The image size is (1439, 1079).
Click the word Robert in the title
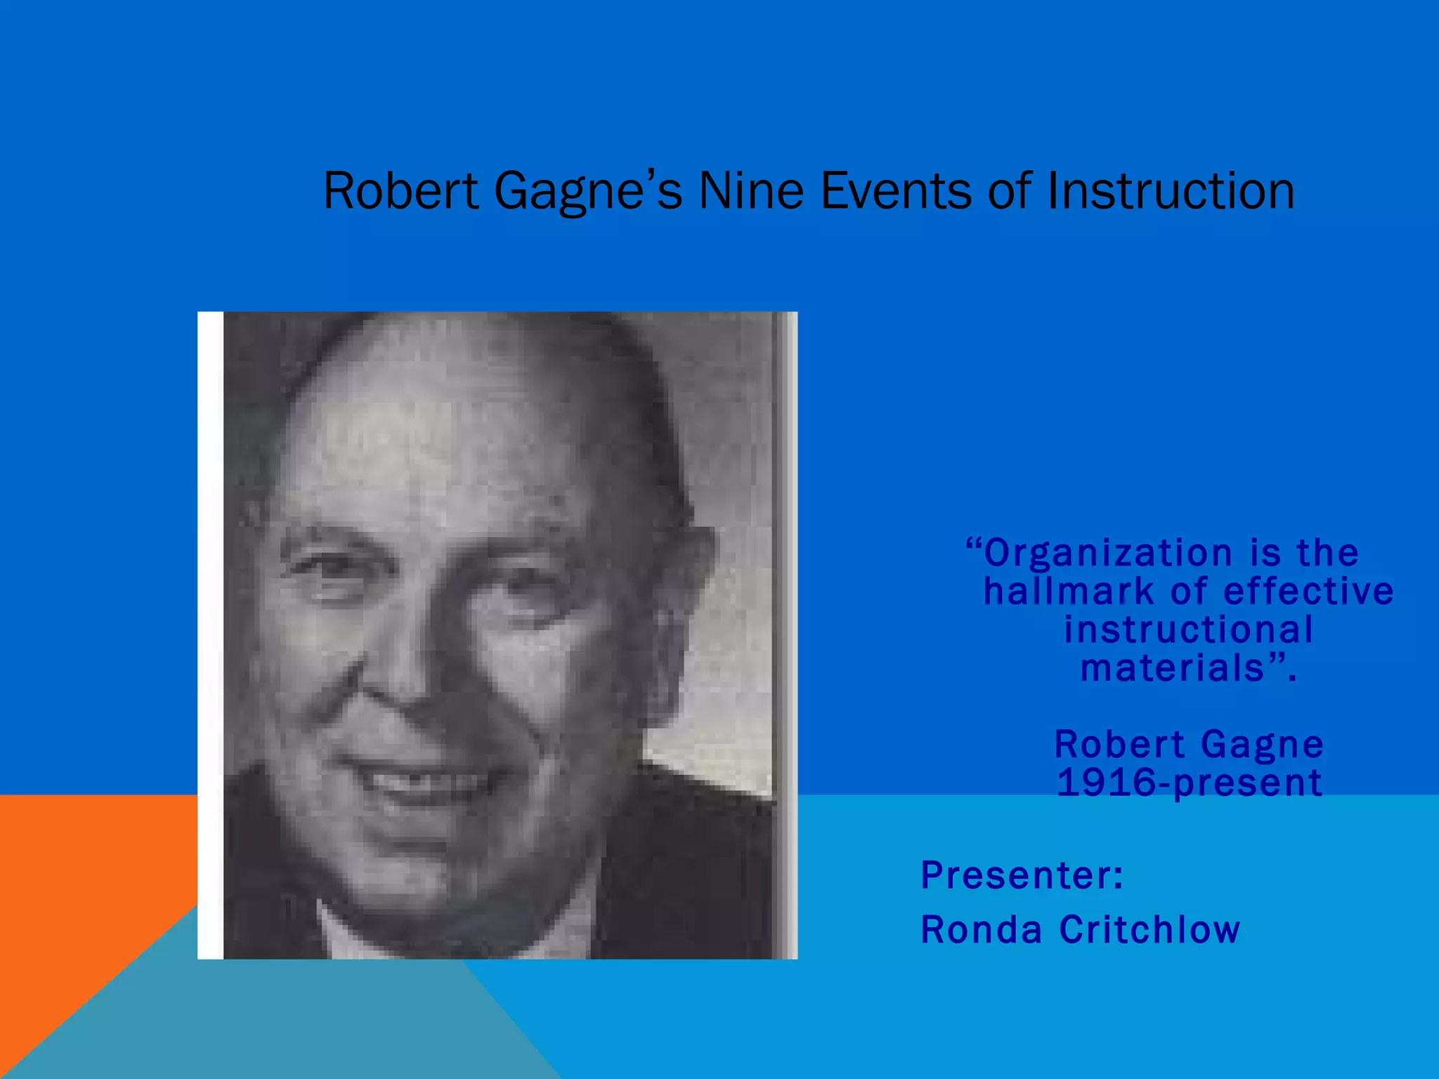(x=401, y=190)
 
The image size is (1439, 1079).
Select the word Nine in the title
(x=750, y=190)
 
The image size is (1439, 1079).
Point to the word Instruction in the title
(x=1170, y=190)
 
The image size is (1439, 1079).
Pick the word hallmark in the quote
(x=1068, y=591)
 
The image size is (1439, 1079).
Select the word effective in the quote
(x=1308, y=591)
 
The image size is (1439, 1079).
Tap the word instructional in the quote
(x=1188, y=629)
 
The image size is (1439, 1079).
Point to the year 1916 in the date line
(x=1106, y=783)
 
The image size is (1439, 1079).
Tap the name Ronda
(x=981, y=930)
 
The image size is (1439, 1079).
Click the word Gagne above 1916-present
(x=1262, y=745)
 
